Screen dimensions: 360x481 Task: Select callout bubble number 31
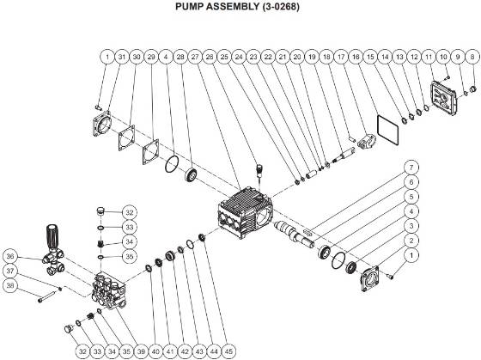click(122, 57)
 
